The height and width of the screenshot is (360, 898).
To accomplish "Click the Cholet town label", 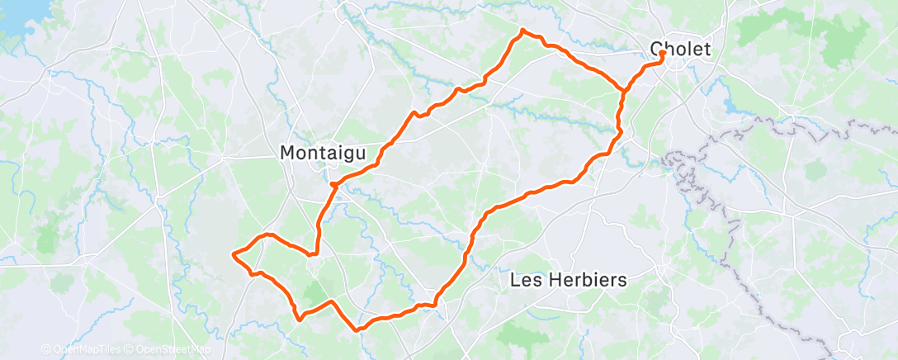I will (x=680, y=49).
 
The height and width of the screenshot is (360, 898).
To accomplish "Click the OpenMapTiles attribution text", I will (x=81, y=349).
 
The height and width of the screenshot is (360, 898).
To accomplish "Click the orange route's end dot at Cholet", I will (x=664, y=54).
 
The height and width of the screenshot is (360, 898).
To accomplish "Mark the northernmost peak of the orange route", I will (x=522, y=31).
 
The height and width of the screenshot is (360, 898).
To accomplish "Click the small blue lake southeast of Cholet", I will (x=732, y=107).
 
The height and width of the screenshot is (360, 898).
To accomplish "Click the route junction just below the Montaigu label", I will (x=332, y=184).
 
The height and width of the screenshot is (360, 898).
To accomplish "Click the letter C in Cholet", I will (x=657, y=49).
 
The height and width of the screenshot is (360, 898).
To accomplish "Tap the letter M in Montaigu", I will (x=288, y=153).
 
